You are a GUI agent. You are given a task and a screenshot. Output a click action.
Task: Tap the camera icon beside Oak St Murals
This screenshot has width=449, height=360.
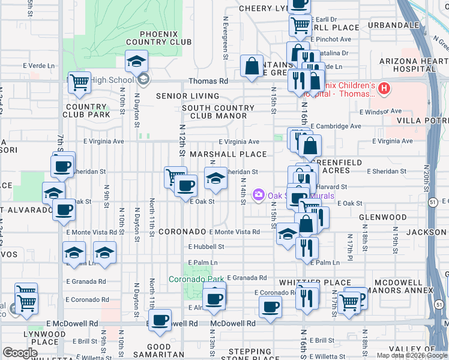click(x=259, y=194)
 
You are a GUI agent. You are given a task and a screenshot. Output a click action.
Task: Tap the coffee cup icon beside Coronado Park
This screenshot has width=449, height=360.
click(x=214, y=298)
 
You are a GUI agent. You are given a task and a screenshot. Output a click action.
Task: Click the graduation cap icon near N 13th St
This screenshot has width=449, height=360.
click(x=216, y=177)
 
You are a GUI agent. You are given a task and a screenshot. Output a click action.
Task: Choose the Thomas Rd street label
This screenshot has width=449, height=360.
click(x=208, y=81)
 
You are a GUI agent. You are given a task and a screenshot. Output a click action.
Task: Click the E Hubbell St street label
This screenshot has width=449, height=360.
click(x=206, y=247)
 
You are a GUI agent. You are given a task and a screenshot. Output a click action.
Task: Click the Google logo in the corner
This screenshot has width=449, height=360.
click(x=20, y=353)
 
